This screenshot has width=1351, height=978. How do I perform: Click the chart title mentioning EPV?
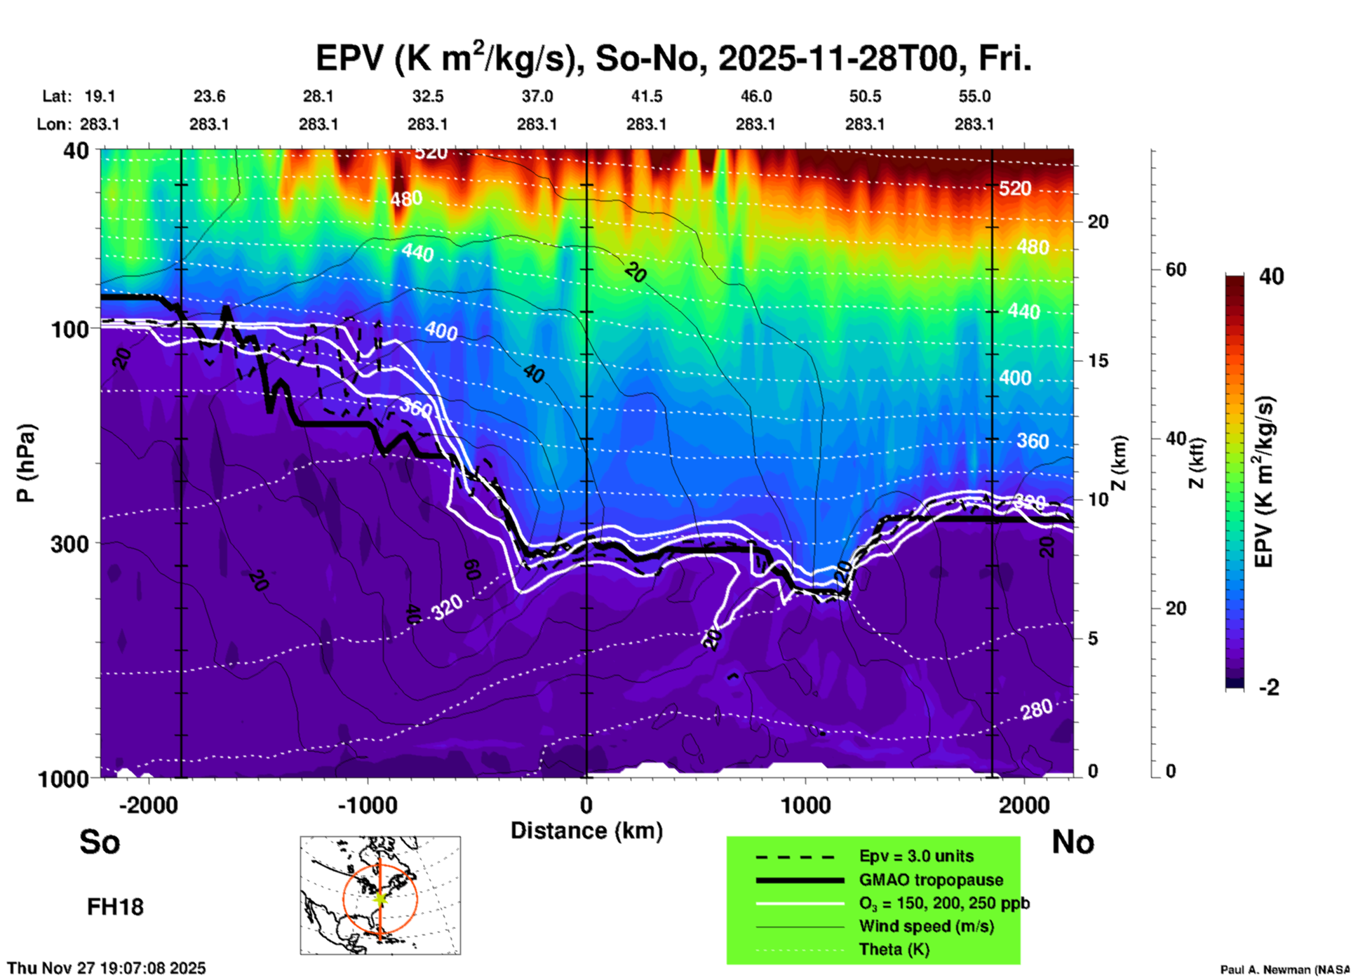coord(673,59)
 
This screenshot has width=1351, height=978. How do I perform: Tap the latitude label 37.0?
coord(537,97)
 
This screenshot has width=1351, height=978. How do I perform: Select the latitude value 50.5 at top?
coord(864,97)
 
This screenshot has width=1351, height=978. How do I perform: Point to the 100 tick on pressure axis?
coord(69,329)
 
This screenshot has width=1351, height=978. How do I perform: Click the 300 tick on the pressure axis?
coord(69,544)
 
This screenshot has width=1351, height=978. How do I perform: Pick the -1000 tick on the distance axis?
coord(368,805)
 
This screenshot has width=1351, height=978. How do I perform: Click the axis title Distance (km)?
coord(586,831)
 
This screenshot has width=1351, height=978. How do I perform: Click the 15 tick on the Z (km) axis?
coord(1097,361)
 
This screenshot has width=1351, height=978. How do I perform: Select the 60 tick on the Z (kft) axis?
coord(1176,270)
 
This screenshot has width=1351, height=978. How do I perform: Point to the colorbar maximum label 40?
coord(1271,277)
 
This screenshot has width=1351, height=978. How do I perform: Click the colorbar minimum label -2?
coord(1269,688)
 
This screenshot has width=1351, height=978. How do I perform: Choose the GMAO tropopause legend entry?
coord(931,880)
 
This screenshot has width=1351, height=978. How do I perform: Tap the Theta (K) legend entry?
coord(894,950)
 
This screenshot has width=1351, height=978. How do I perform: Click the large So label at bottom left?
coord(100,842)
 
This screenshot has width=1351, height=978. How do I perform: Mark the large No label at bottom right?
coord(1073,842)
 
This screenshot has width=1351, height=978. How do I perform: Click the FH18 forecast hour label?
coord(115,907)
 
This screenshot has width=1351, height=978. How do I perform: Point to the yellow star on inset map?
coord(380,898)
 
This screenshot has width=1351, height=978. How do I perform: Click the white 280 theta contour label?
coord(1036,710)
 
